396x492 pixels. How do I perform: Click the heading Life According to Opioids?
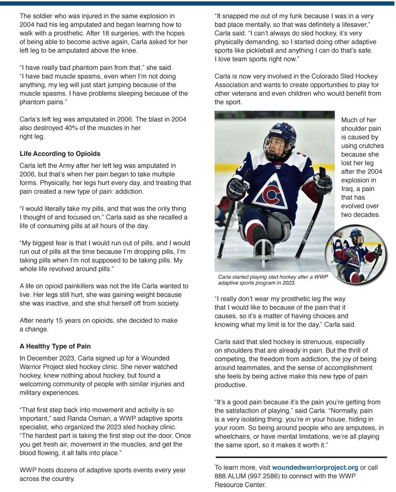point(60,154)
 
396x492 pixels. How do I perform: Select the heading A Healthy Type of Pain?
point(55,346)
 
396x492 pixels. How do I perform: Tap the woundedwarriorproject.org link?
point(315,467)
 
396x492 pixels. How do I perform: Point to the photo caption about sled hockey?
point(273,280)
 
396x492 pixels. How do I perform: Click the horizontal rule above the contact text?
point(301,457)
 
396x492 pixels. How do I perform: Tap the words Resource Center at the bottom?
point(240,485)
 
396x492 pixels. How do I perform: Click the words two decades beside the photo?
point(360,215)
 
